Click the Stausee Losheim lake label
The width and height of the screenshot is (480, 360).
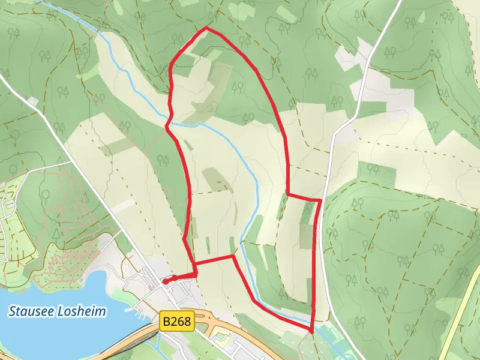[58, 311]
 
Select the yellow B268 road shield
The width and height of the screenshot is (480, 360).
[178, 322]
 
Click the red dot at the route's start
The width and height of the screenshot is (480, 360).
[165, 280]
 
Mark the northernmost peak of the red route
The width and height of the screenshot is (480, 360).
[206, 28]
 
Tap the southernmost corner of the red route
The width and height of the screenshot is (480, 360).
[312, 331]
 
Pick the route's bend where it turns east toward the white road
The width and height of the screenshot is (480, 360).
[288, 194]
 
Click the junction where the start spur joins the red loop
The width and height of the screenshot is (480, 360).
[196, 273]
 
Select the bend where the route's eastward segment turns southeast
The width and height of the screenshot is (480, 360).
[233, 256]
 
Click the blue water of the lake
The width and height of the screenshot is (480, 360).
[48, 336]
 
